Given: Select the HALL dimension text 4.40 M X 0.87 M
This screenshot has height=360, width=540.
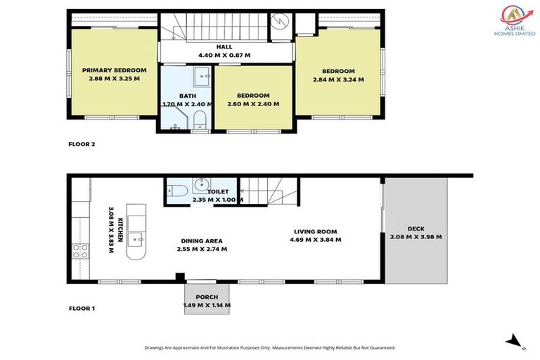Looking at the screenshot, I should tap(224, 55).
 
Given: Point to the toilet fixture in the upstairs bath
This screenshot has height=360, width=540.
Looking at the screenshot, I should tap(200, 117).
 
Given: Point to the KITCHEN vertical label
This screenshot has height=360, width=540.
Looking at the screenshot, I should tap(116, 225).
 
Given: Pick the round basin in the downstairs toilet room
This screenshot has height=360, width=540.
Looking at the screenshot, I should tap(199, 187).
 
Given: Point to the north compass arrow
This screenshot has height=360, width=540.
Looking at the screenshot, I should tap(516, 342).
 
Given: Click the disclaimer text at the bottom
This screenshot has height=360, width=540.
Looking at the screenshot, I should tap(270, 347).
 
